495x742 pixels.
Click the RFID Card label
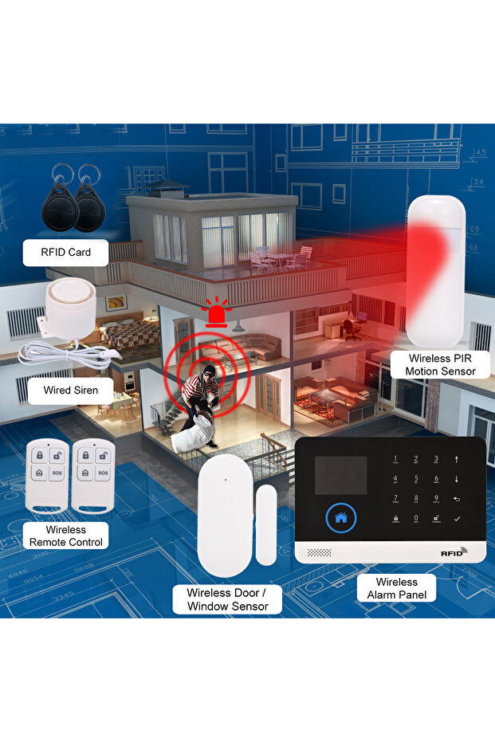66,253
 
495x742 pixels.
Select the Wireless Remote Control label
66,536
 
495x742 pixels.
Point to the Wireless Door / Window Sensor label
227,599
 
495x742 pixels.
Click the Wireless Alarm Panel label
396,588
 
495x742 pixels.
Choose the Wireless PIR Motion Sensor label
440,365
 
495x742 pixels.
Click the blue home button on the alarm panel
341,517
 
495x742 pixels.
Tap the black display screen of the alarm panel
340,475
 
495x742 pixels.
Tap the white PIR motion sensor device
436,271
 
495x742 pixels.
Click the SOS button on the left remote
56,473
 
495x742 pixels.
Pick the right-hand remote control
93,476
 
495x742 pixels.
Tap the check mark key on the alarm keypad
457,518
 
